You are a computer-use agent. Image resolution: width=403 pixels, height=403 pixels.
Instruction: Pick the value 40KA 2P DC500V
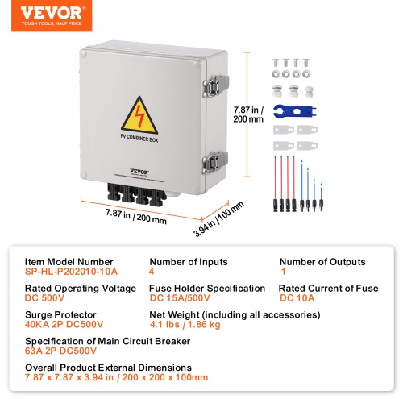(64, 326)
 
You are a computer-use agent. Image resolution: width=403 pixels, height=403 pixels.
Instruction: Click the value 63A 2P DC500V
(60, 352)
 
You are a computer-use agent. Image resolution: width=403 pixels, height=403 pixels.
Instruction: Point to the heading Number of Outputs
(322, 262)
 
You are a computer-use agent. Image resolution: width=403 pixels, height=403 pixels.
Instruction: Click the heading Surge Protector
(60, 315)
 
